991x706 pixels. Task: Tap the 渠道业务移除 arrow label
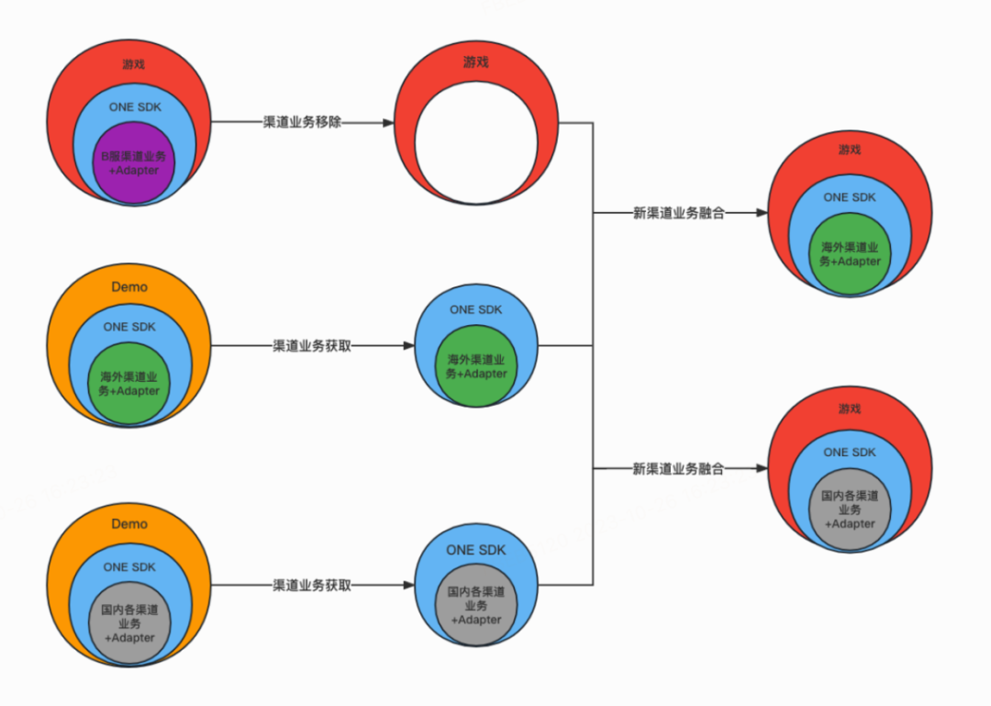click(x=302, y=122)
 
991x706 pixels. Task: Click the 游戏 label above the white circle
click(x=475, y=62)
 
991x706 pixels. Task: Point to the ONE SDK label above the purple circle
click(x=135, y=106)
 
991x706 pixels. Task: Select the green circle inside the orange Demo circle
click(x=128, y=384)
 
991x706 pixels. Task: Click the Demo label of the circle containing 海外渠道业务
click(x=129, y=286)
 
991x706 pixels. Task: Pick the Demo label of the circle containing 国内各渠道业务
click(x=129, y=523)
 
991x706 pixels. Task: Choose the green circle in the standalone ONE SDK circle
click(x=476, y=366)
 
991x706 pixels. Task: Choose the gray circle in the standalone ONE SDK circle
click(x=476, y=606)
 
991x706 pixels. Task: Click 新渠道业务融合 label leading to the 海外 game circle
click(x=679, y=213)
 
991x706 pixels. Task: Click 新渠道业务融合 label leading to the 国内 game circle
click(x=679, y=468)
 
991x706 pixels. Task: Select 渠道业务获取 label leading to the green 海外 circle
click(x=312, y=346)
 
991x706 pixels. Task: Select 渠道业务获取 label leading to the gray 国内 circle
click(x=312, y=585)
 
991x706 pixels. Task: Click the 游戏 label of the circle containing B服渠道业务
click(x=133, y=64)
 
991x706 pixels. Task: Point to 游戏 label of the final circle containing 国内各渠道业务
click(x=850, y=408)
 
